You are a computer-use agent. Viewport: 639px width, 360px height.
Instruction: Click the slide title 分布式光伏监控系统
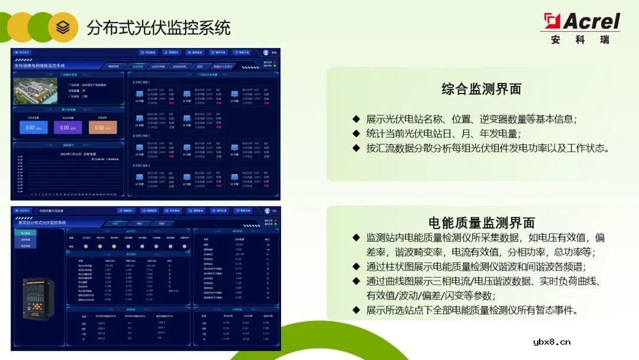(x=159, y=27)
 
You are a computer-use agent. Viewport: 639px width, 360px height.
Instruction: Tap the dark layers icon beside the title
(x=63, y=27)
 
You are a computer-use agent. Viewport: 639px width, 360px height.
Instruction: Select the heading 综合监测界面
(x=481, y=89)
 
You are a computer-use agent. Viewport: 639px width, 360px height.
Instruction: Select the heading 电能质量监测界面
(x=481, y=223)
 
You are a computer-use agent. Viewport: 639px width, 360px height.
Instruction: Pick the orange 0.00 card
(x=103, y=127)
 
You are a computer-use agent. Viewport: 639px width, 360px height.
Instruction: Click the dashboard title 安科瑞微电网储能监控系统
(x=40, y=66)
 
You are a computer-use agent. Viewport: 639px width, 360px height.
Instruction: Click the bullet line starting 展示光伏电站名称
(x=471, y=119)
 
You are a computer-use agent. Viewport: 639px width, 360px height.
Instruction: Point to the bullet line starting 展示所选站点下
(x=472, y=310)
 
